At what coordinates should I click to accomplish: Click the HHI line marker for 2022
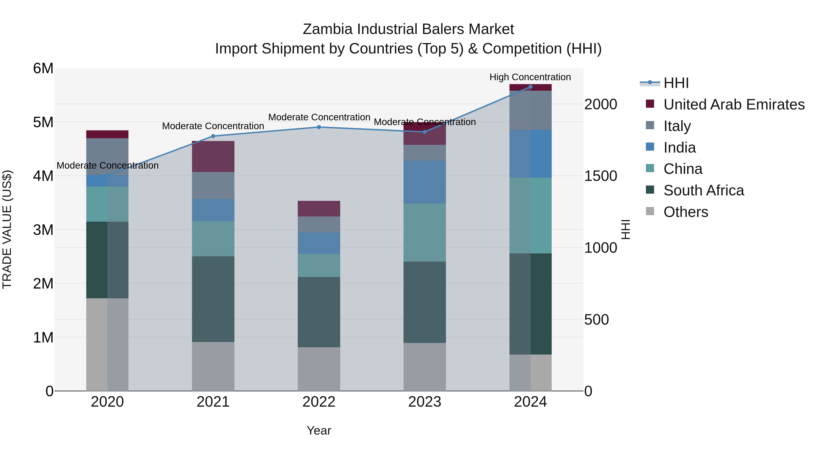[x=319, y=127]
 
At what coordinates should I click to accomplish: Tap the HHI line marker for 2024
[x=530, y=87]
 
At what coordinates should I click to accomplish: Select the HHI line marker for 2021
[x=213, y=136]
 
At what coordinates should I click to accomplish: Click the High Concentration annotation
[x=530, y=77]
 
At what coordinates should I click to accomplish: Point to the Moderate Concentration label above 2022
[x=319, y=117]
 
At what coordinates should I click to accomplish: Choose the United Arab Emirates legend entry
[x=733, y=104]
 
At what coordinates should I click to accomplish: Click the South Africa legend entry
[x=704, y=190]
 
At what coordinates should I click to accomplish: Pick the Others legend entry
[x=685, y=212]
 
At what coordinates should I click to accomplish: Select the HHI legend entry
[x=676, y=83]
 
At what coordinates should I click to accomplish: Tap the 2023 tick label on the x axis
[x=424, y=402]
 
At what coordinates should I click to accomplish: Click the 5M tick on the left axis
[x=43, y=122]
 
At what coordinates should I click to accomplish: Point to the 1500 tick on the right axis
[x=600, y=176]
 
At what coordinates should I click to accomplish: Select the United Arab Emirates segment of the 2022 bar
[x=319, y=209]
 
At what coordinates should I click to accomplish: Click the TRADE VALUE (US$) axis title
[x=7, y=229]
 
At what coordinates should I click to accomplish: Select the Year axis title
[x=319, y=430]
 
